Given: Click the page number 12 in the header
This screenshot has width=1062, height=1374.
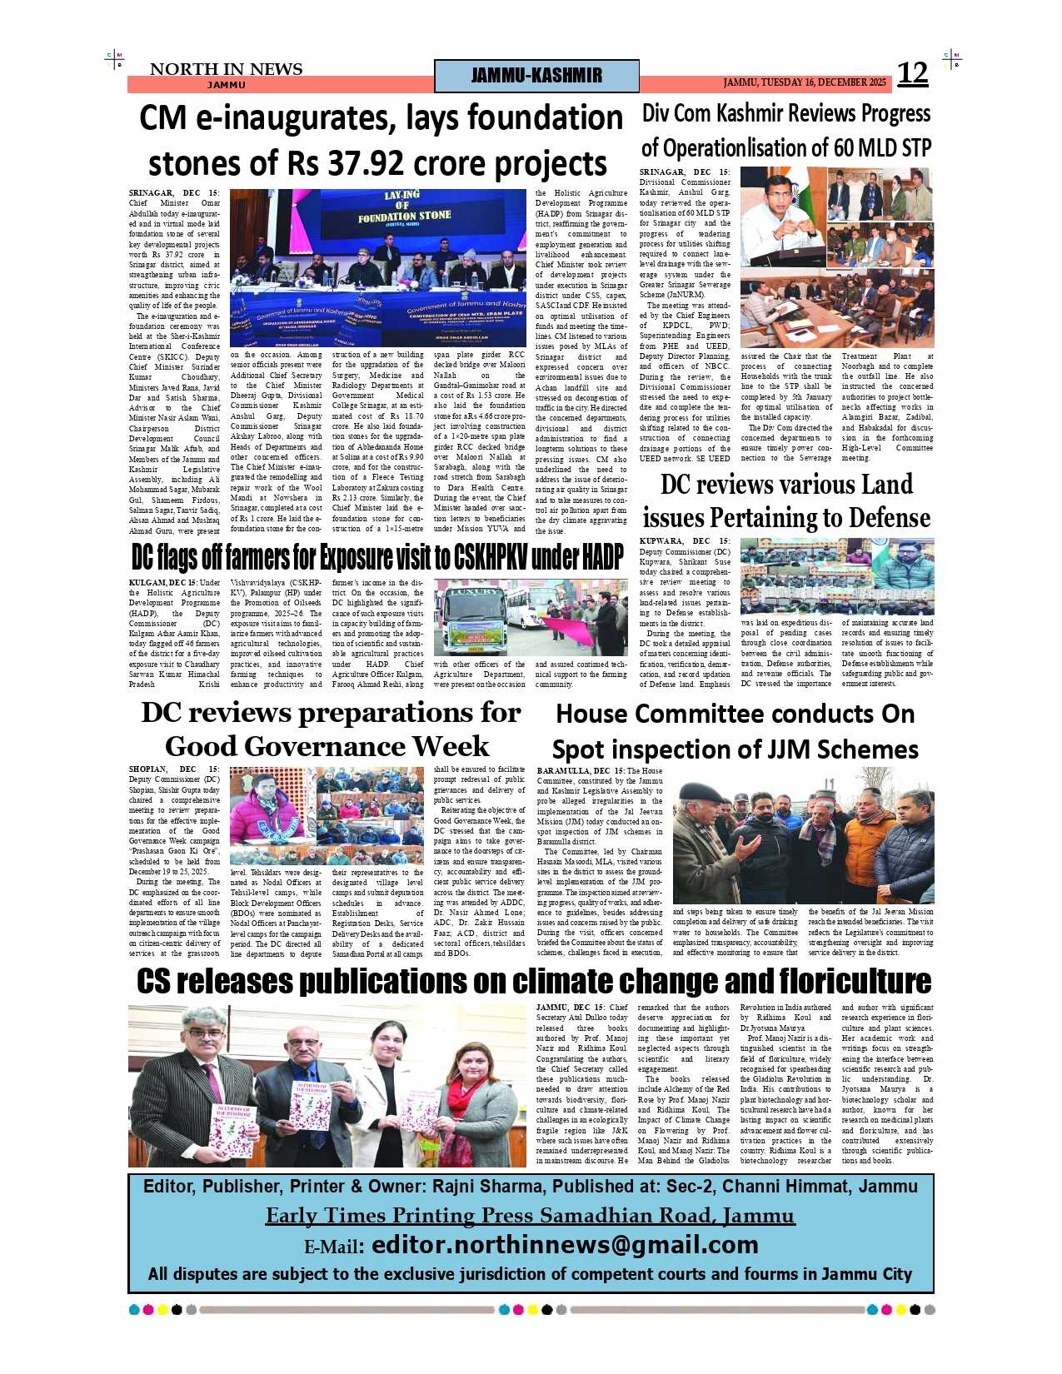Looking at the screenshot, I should [912, 74].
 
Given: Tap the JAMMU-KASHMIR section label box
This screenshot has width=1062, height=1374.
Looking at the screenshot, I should [536, 76].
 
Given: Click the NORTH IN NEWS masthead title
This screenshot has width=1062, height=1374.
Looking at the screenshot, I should [226, 69].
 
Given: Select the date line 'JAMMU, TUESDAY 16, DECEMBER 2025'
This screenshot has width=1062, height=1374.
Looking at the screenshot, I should [805, 82].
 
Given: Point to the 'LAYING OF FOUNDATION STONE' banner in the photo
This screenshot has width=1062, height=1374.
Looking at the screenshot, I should [404, 207].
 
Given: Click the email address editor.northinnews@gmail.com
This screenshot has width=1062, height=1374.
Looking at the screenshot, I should [565, 1245].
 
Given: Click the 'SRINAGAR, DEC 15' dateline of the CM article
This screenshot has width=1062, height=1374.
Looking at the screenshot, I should [174, 193].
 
